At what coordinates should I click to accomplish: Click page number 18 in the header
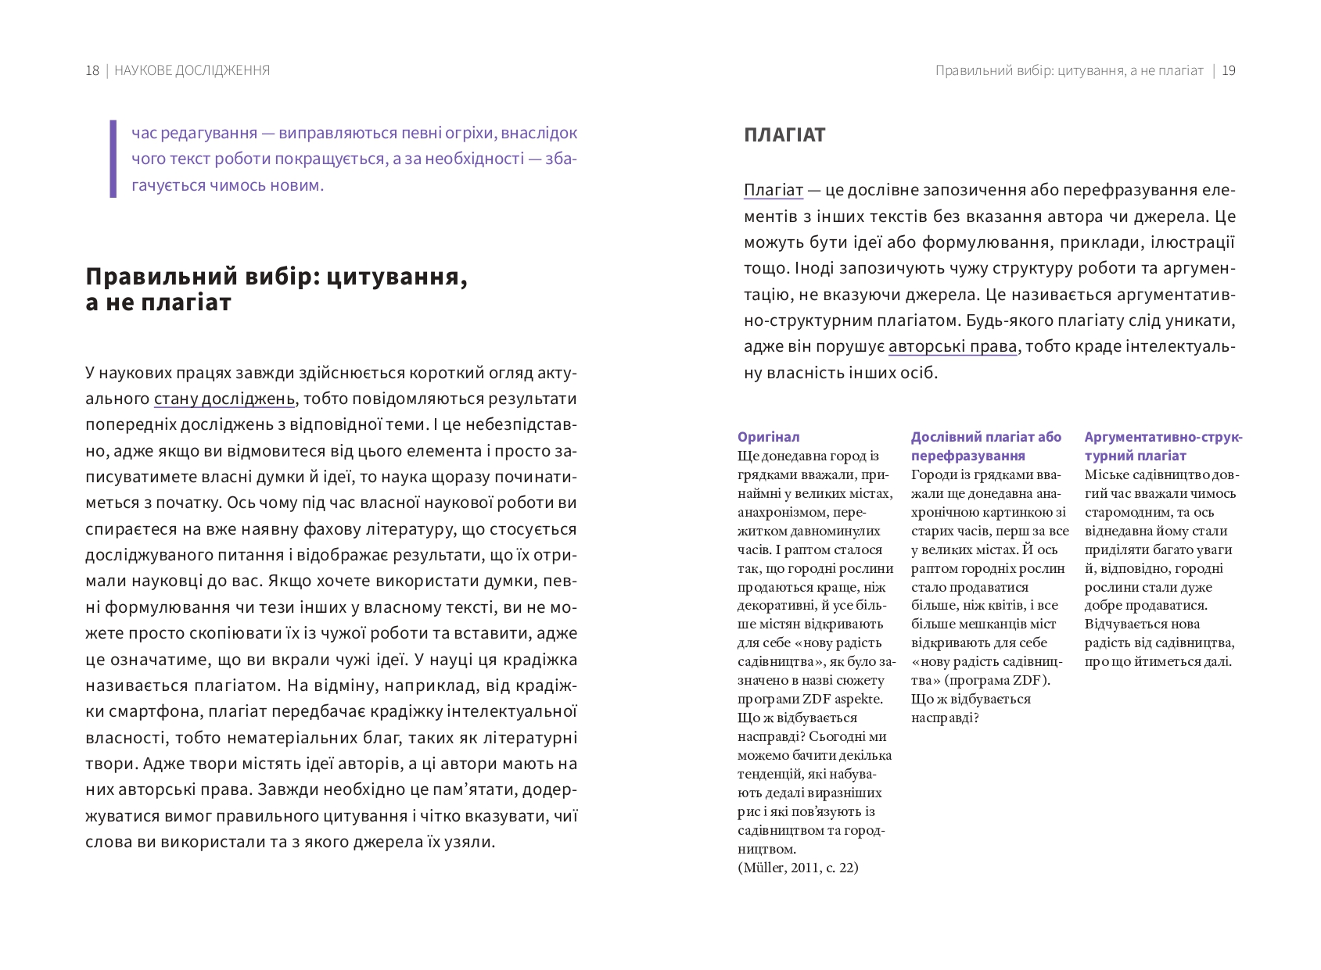[92, 70]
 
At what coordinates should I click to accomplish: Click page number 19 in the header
[1228, 70]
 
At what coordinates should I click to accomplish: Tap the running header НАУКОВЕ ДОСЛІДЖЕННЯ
[192, 70]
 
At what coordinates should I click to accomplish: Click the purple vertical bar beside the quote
[113, 159]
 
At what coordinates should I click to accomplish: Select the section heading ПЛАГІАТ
[784, 135]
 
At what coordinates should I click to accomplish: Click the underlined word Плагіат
[773, 190]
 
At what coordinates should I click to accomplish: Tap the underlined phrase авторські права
[953, 346]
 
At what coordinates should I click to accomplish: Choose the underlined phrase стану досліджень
[224, 399]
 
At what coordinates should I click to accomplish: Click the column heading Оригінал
[768, 437]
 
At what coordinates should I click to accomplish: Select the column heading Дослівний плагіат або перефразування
[985, 446]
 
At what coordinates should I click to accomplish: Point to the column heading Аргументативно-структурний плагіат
[1162, 446]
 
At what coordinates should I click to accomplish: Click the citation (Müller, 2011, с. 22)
[798, 868]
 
